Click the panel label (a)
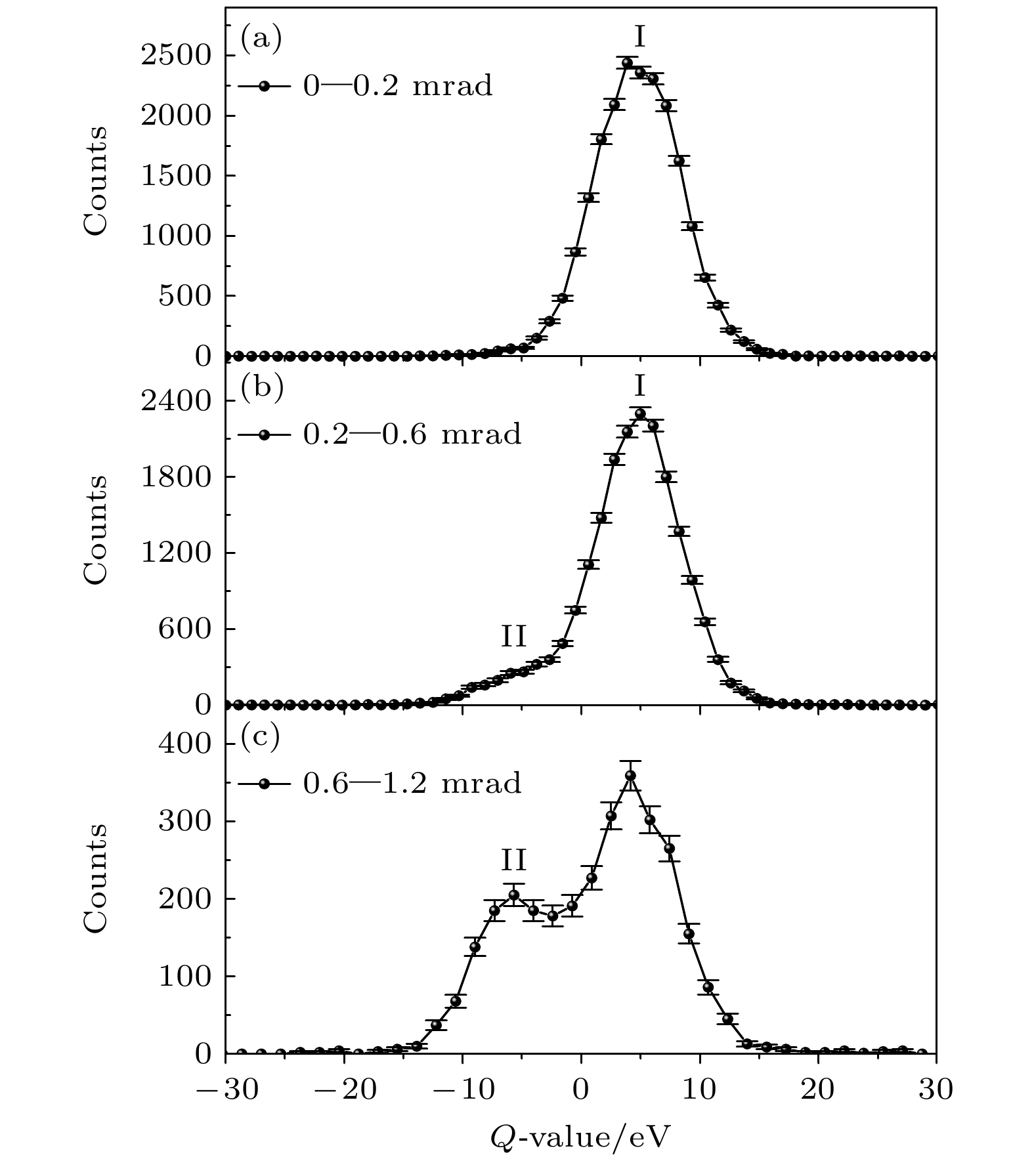(261, 39)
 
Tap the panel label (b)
(261, 388)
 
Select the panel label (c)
(261, 737)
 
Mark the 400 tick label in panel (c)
(186, 744)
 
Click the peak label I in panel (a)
(639, 37)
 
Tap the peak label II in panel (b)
(514, 636)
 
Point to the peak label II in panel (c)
(514, 859)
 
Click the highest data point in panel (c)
(630, 775)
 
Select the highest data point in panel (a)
(627, 63)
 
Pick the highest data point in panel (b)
(640, 413)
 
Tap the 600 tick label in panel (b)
(186, 629)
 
